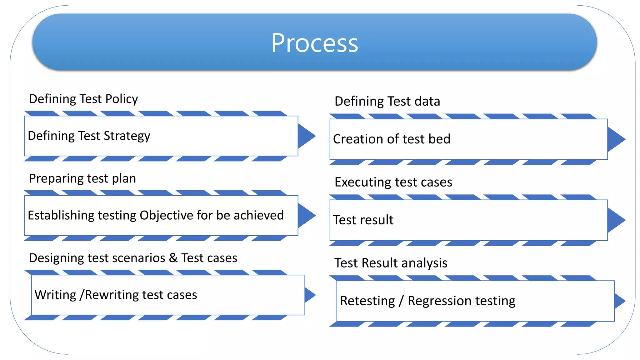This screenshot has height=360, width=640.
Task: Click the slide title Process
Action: (x=314, y=43)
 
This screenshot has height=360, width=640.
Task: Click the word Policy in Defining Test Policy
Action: (x=122, y=99)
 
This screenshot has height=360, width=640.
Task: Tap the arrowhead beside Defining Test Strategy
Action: (x=306, y=136)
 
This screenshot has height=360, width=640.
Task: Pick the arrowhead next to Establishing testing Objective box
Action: (x=306, y=215)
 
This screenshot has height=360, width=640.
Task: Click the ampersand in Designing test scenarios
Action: (x=173, y=258)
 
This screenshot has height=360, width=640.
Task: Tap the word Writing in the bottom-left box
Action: (x=55, y=295)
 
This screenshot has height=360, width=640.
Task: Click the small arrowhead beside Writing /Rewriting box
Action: (x=309, y=295)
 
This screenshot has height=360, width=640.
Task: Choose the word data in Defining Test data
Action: (x=427, y=102)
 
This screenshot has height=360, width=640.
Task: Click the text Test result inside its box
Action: (x=363, y=220)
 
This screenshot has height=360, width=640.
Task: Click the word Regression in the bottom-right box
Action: (x=439, y=301)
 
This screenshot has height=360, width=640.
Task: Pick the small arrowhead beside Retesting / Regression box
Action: (x=619, y=301)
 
